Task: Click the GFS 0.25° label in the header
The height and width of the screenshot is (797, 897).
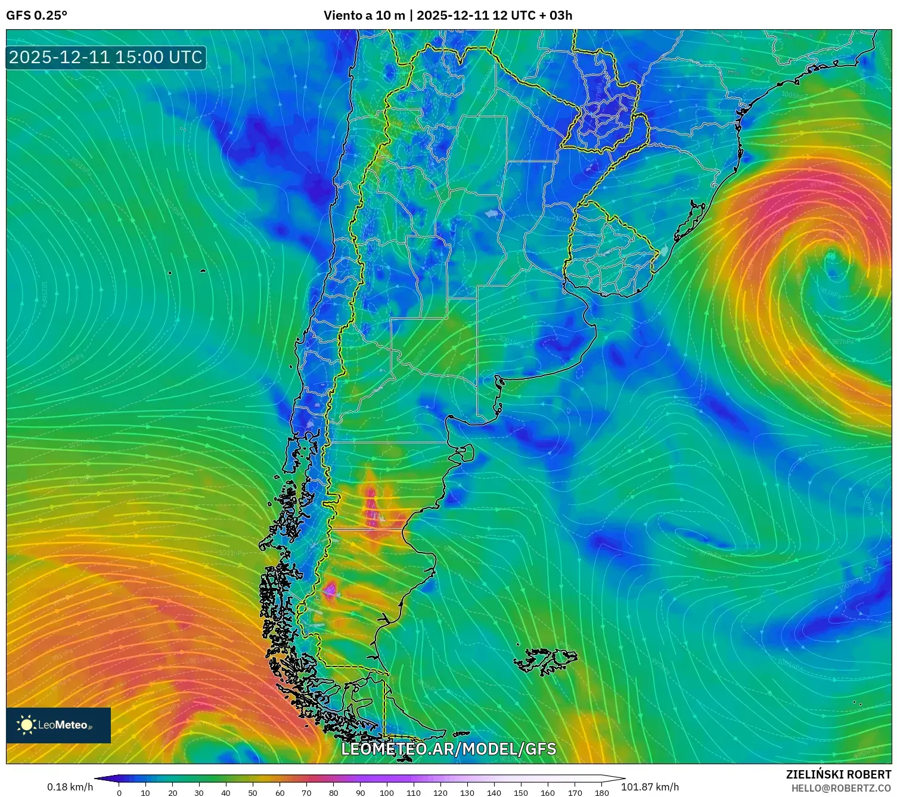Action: [x=36, y=15]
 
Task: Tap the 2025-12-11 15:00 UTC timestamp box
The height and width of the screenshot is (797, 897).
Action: [x=105, y=58]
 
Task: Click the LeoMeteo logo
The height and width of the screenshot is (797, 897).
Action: [x=58, y=725]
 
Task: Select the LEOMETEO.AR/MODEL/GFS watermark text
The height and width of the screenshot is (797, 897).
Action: [x=448, y=749]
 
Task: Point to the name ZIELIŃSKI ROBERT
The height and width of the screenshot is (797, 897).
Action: [x=838, y=774]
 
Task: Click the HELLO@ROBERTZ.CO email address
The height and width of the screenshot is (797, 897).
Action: [x=840, y=788]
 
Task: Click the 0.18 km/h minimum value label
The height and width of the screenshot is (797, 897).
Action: [x=70, y=787]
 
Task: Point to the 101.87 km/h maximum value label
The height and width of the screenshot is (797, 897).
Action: [x=650, y=787]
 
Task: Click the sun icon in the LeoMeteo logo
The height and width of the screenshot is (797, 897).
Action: [x=26, y=725]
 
